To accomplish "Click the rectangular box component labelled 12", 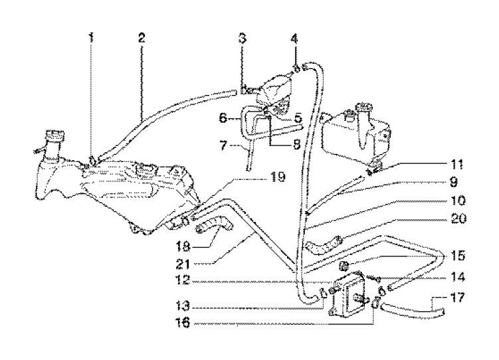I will tap(350, 300).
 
